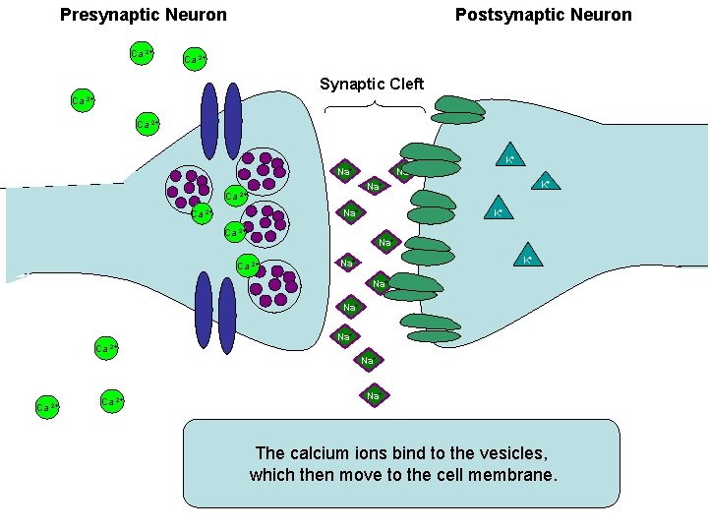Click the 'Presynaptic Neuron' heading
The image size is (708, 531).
(144, 15)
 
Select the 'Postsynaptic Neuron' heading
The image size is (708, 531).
(543, 15)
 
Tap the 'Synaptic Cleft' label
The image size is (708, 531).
(372, 85)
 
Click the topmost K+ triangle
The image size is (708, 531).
(509, 157)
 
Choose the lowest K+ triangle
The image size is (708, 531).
(528, 258)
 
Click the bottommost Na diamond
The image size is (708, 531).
(373, 396)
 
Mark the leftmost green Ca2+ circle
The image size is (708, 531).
(45, 406)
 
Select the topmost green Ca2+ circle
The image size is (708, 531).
(142, 52)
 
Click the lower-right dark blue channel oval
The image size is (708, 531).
(227, 315)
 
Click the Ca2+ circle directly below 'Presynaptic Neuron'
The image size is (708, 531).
(142, 52)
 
